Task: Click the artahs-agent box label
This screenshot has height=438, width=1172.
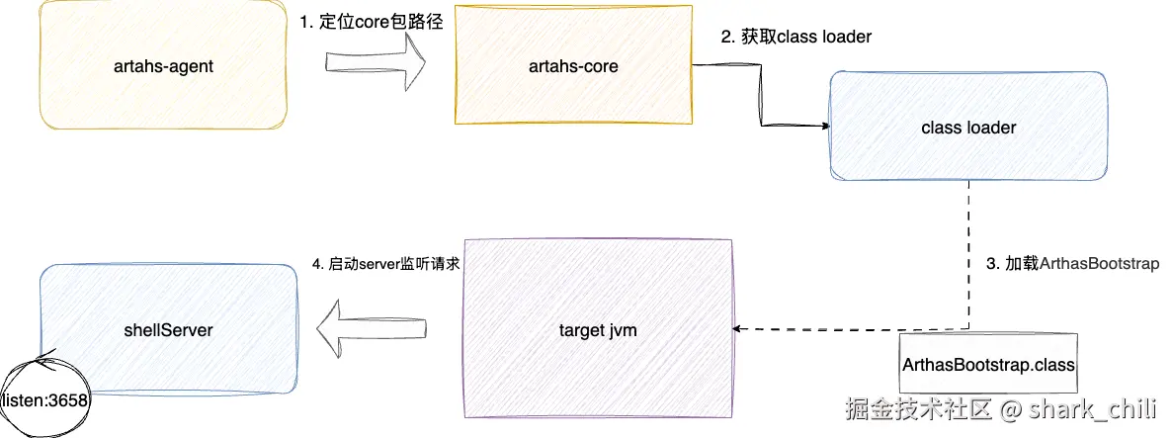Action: (164, 67)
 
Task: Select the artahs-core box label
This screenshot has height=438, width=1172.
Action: (573, 67)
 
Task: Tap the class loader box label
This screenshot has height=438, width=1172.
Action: (967, 128)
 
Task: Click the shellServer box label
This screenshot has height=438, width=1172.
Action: (168, 329)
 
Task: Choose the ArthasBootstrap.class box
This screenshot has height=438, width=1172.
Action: (988, 364)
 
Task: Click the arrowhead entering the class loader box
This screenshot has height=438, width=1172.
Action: (822, 127)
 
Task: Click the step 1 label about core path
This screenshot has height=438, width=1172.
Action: (371, 22)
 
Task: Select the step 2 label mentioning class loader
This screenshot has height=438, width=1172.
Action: (795, 38)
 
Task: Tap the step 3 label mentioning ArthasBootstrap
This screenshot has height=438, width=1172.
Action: (1073, 265)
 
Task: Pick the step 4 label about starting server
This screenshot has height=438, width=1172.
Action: (386, 265)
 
